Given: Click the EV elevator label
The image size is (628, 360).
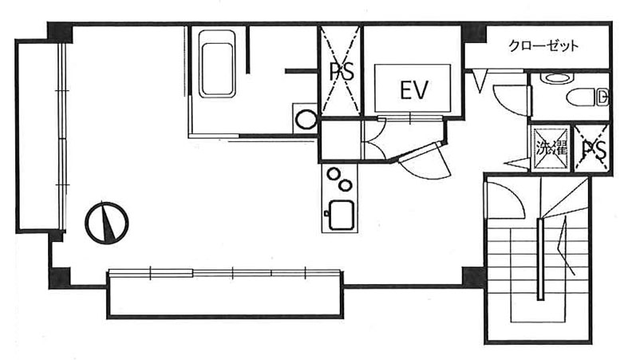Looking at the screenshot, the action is tap(414, 89).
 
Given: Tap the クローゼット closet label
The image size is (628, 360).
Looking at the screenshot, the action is tap(543, 46).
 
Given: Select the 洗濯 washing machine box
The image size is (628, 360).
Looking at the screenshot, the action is tap(551, 148).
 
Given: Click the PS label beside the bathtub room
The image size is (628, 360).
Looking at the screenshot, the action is tap(342, 72).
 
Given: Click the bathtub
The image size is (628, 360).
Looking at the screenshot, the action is tap(217, 64).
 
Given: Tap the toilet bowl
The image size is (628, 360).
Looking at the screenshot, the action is tap(587, 97).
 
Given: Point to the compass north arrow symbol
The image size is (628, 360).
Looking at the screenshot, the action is tap(107, 223).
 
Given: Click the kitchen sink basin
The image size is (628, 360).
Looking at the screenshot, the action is tap(341, 216).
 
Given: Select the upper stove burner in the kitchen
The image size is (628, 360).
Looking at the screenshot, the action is tap(334, 174).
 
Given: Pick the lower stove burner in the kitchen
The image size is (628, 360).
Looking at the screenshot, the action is tap(346, 185).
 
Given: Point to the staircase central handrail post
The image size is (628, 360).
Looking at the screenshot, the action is tap(541, 259).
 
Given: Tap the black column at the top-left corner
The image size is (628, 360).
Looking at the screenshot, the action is tap(60, 32).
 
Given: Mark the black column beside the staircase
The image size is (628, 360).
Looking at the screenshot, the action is tap(474, 277).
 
